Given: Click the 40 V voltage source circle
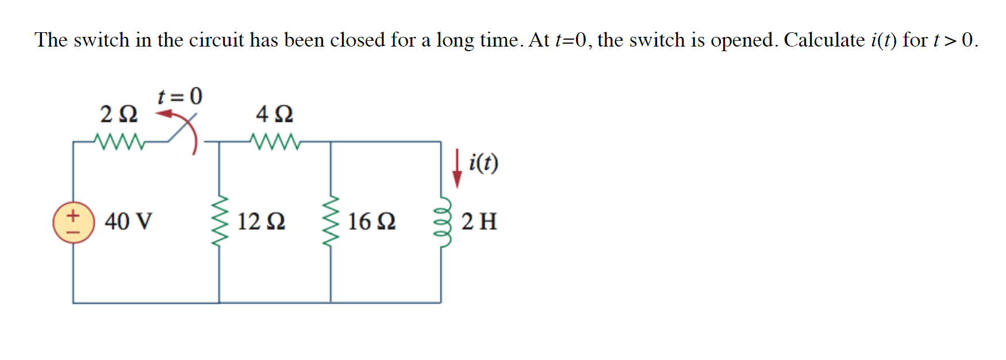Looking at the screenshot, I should pyautogui.click(x=73, y=222).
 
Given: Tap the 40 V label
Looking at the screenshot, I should pyautogui.click(x=128, y=221).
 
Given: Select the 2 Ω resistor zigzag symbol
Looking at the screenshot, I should pyautogui.click(x=120, y=141).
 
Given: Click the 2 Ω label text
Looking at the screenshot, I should pyautogui.click(x=119, y=114).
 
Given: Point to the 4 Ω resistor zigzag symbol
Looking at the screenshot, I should pyautogui.click(x=275, y=141).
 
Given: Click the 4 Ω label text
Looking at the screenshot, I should pyautogui.click(x=275, y=114).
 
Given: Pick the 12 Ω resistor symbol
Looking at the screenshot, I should pyautogui.click(x=219, y=221).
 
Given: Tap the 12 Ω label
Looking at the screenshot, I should pyautogui.click(x=261, y=221).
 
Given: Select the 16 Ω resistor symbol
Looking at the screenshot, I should pyautogui.click(x=330, y=221).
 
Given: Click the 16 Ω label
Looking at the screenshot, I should pyautogui.click(x=371, y=221).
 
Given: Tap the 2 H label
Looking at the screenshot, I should pyautogui.click(x=479, y=221).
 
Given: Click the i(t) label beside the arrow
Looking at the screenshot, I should pyautogui.click(x=483, y=163).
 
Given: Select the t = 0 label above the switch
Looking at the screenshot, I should pyautogui.click(x=180, y=96).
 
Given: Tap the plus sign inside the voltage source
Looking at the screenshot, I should pyautogui.click(x=73, y=216).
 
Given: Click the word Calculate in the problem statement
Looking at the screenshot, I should pyautogui.click(x=824, y=40).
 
